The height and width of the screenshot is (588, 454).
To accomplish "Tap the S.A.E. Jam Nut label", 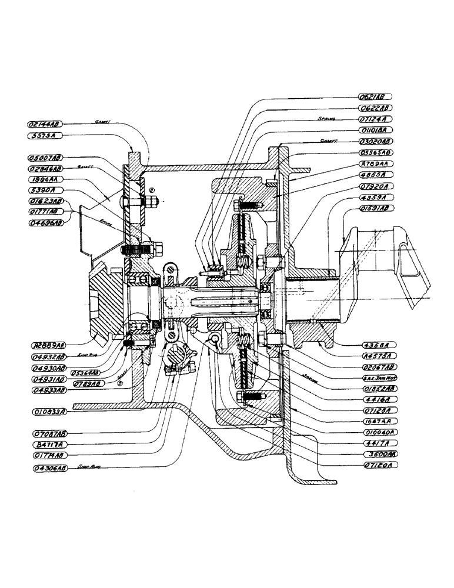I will click(375, 378).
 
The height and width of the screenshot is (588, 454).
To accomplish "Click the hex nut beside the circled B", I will click(151, 202).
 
